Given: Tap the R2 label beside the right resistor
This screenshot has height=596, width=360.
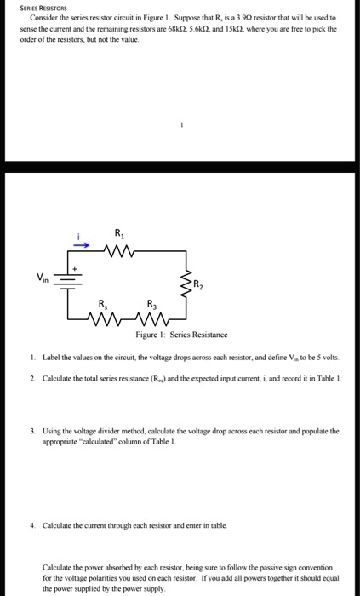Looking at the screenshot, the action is (197, 284).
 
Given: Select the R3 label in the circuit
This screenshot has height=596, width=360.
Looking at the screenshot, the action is (151, 303).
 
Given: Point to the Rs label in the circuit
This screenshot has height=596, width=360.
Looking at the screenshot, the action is (103, 303).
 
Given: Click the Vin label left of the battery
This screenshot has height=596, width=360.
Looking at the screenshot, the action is (42, 277).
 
